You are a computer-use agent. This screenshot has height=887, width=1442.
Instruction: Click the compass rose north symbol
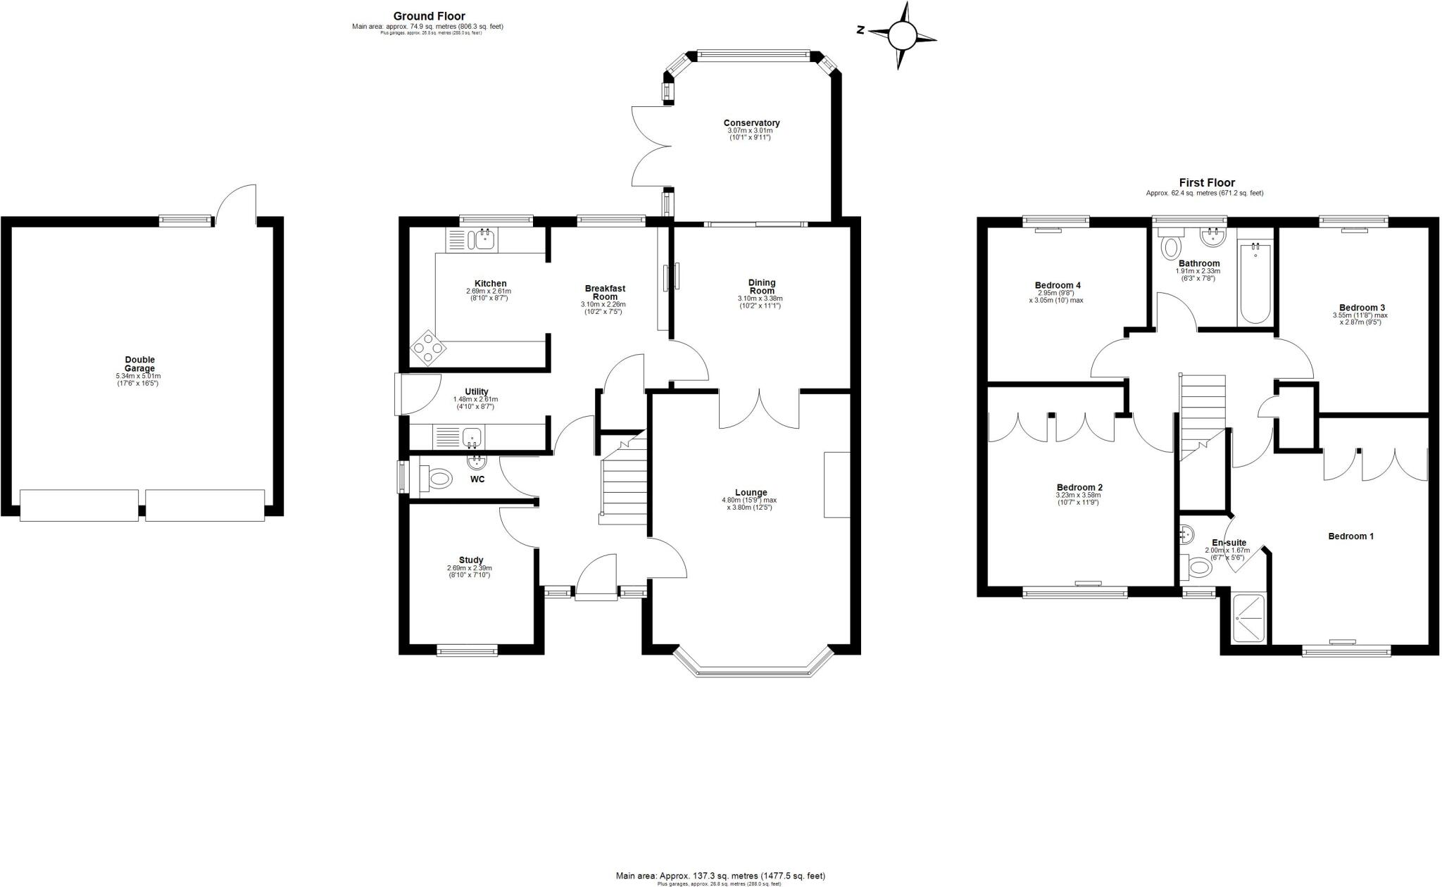[x=902, y=35]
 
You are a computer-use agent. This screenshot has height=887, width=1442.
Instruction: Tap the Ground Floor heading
[x=429, y=16]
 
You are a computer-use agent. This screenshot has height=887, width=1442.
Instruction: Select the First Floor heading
[x=1207, y=182]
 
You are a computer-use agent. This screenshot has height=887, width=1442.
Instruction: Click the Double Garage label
[x=139, y=364]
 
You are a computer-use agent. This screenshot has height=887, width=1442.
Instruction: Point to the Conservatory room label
[x=751, y=122]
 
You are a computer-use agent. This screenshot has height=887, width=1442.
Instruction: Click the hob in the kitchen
[x=429, y=348]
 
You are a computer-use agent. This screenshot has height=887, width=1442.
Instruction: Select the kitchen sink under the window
[x=484, y=239]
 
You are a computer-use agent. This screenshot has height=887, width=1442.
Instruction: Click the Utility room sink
[x=472, y=438]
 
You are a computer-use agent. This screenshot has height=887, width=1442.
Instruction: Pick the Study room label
[x=470, y=560]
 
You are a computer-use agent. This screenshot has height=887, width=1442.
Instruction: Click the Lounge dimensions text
[x=748, y=503]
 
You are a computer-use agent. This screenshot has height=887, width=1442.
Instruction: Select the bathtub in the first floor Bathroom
[x=1255, y=282]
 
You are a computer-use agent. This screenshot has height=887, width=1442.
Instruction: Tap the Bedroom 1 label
[x=1350, y=536]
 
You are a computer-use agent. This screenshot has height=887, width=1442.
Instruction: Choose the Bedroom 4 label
[x=1058, y=285]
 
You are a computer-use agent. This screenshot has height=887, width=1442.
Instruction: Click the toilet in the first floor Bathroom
[x=1171, y=247]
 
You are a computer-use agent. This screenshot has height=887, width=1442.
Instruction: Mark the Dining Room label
[x=761, y=287]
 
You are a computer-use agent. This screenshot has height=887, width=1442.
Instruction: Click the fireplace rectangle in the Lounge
[x=837, y=484]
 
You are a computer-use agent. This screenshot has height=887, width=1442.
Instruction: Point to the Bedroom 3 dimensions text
[x=1360, y=318]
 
